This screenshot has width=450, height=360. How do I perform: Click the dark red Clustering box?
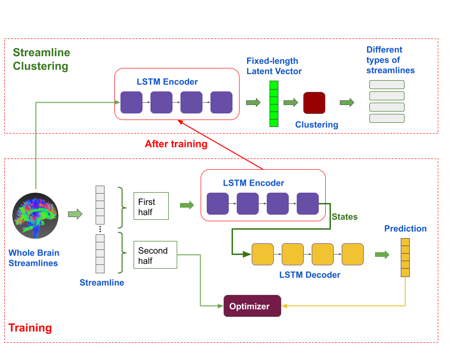point(314,103)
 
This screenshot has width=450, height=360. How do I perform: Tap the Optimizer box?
point(252,306)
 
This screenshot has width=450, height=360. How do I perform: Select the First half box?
point(150,206)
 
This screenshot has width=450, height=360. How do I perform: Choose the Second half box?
point(155,255)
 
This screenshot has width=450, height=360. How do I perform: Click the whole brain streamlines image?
point(35,216)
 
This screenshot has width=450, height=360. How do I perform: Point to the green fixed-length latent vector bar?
point(274,104)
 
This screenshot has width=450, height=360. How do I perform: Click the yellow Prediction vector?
point(405,258)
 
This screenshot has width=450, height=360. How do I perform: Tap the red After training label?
point(176,144)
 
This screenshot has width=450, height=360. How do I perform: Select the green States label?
point(345,217)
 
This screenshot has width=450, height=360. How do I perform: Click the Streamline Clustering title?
point(41,60)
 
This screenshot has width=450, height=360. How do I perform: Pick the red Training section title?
point(30,328)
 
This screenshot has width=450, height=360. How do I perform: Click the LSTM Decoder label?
point(310,275)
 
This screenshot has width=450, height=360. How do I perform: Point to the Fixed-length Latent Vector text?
point(274,66)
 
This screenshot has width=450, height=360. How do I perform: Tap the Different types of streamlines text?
point(390,60)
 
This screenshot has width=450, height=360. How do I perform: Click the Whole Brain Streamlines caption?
point(34,258)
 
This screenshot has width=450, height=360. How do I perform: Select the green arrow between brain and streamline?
point(75,214)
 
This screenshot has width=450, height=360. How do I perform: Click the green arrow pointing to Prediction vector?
point(382,255)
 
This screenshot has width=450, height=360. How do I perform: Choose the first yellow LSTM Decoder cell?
point(262,254)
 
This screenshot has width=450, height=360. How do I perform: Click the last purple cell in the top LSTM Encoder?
point(221,102)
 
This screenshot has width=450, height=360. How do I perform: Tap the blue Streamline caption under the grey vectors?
point(102,283)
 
